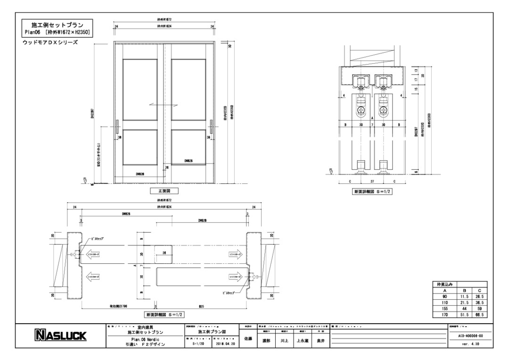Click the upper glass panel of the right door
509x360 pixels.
point(188,89)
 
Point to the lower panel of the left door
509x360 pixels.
point(139,146)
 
